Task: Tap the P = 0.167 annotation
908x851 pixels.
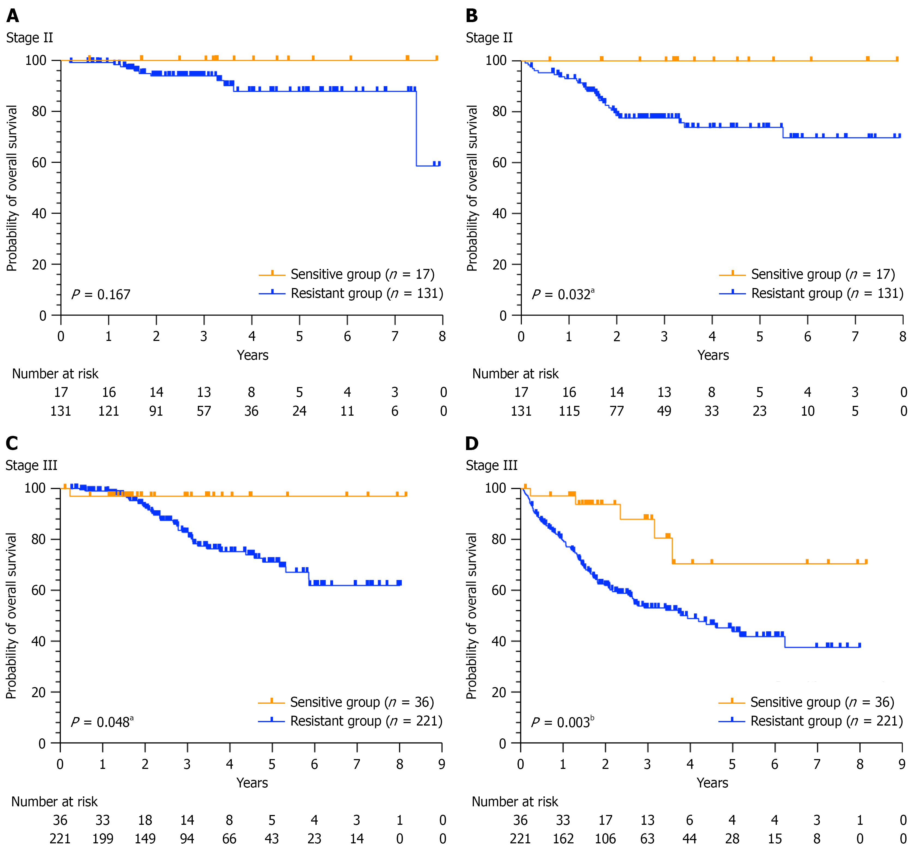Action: coord(101,295)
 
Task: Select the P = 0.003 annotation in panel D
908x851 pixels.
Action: coord(562,722)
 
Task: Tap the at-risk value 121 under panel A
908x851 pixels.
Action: coord(109,411)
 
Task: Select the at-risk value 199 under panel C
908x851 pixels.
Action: coord(103,839)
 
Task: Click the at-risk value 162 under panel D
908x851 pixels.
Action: coord(563,839)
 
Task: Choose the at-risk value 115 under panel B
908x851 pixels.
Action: coord(569,411)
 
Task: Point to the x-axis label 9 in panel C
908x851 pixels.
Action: coord(442,764)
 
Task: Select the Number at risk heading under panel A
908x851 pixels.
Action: coord(55,374)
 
